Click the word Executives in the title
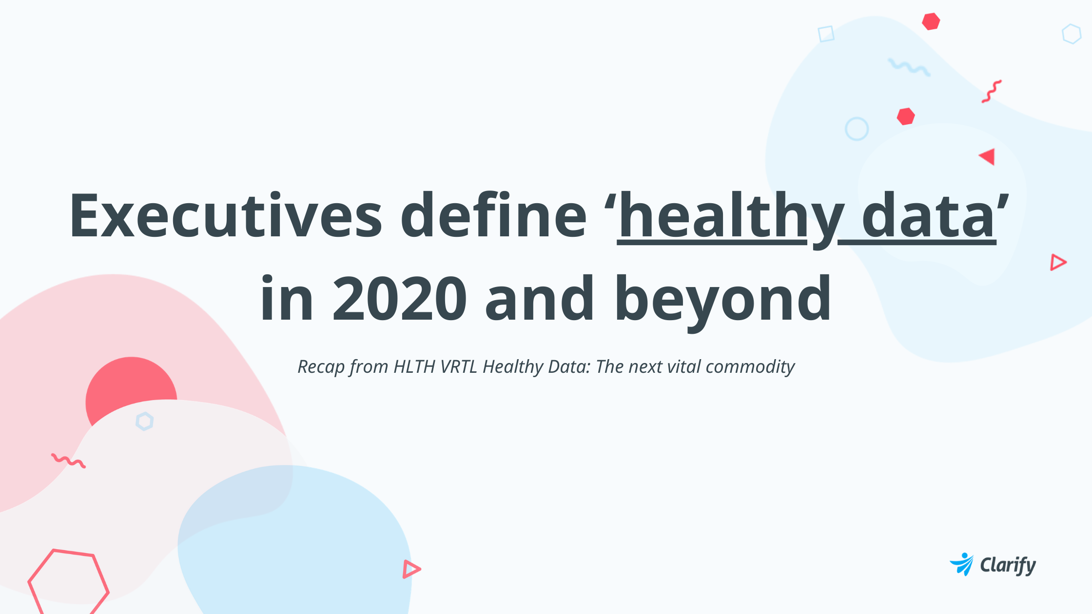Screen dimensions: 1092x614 [x=226, y=215]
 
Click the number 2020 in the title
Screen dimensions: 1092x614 [x=399, y=298]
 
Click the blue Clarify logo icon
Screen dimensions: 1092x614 [x=962, y=564]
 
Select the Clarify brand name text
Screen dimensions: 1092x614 [x=1008, y=565]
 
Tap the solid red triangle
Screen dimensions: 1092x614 [x=988, y=157]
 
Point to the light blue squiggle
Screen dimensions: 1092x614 [x=909, y=67]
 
